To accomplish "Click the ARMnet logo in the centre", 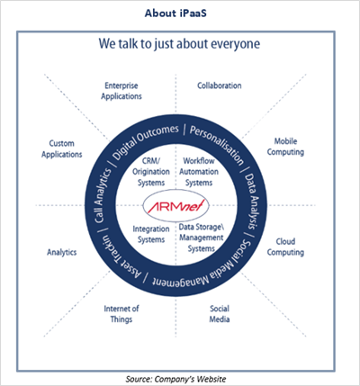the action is click(175, 206).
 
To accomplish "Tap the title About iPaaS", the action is click(175, 13).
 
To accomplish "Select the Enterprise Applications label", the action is click(121, 91).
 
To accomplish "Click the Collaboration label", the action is click(220, 85).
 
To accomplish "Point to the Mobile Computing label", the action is click(285, 147).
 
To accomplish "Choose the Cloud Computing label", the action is click(285, 247).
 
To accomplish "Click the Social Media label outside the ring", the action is click(220, 314).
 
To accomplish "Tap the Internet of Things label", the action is click(121, 314).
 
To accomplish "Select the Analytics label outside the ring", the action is click(62, 252).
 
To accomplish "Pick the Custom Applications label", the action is click(62, 148).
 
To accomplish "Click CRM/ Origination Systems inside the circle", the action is click(151, 172).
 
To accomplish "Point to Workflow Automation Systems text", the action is click(199, 172).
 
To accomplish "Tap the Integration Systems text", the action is click(151, 234).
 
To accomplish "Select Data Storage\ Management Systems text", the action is click(202, 238).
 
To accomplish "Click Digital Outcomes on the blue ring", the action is click(146, 141).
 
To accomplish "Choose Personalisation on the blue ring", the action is click(217, 145).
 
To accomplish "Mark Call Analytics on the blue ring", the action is click(103, 196).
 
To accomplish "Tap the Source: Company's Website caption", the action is click(175, 379).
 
